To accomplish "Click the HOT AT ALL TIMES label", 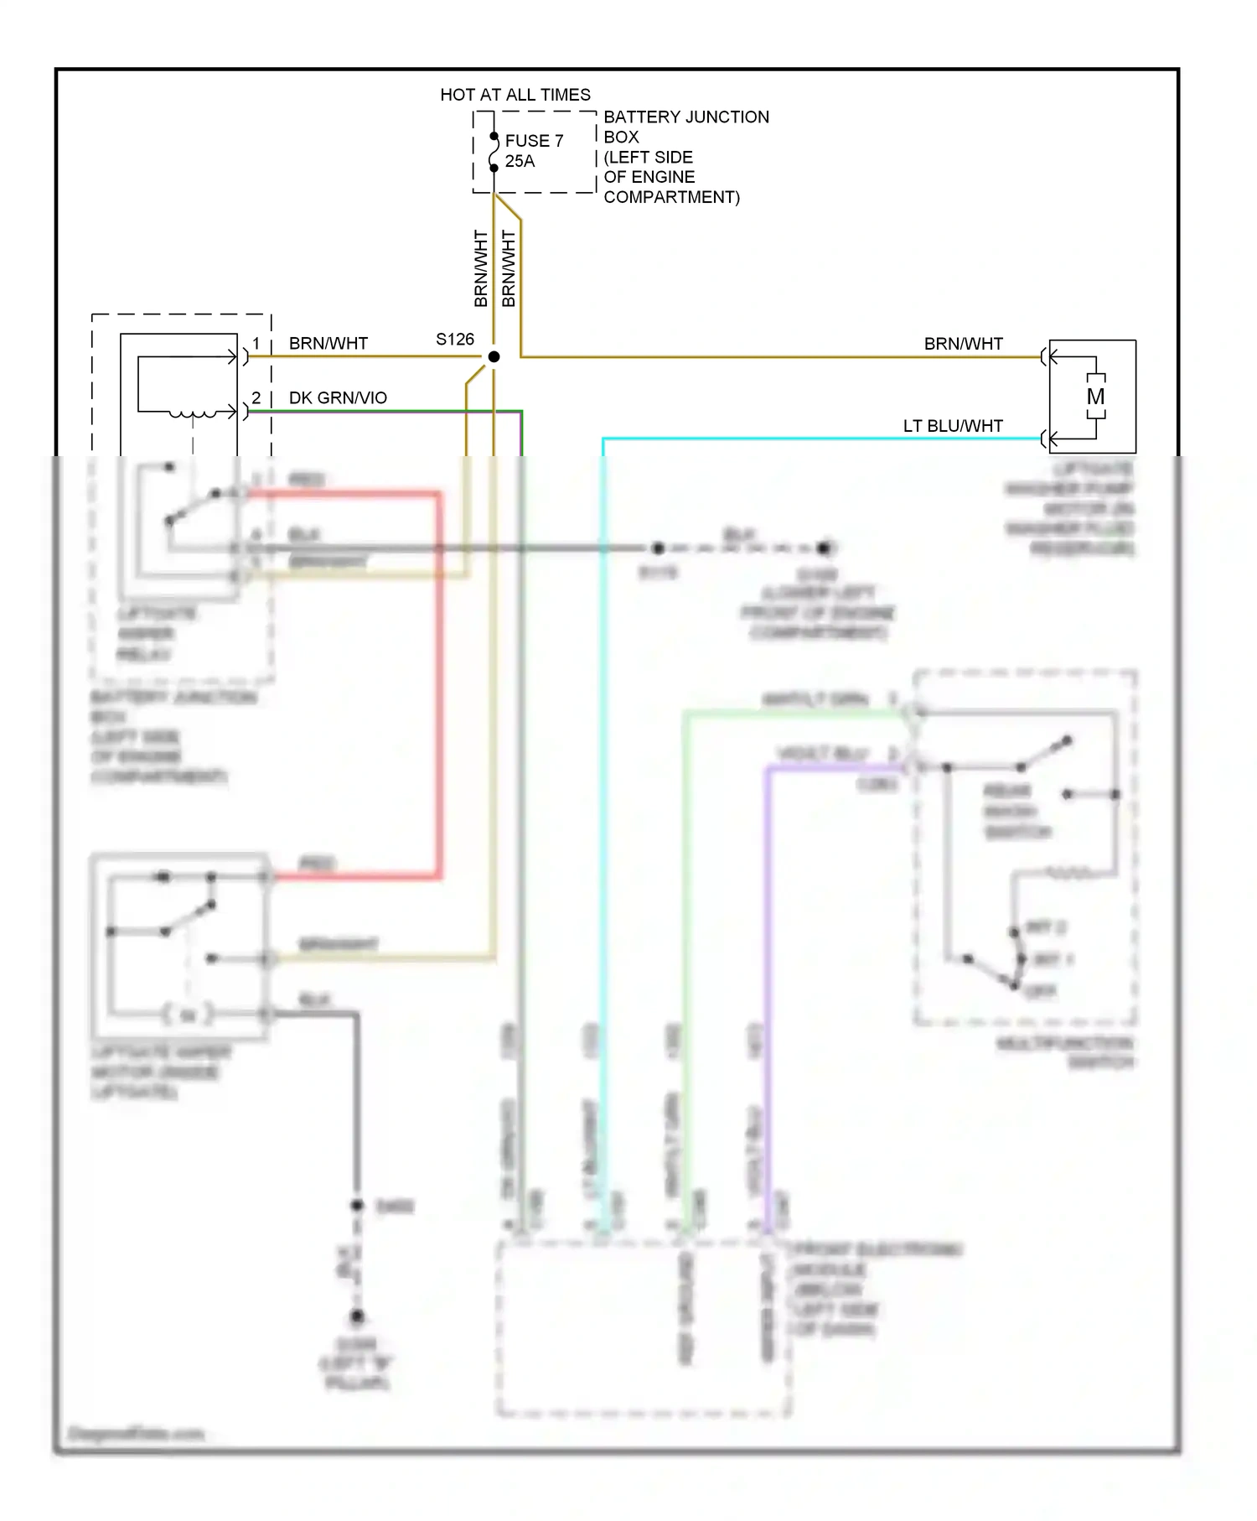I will tap(515, 95).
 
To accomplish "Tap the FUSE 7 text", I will tap(534, 141).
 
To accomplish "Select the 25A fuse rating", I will tap(520, 161).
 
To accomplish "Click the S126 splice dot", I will tap(494, 357).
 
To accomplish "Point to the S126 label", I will tap(454, 340).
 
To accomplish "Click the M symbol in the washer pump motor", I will tap(1095, 397).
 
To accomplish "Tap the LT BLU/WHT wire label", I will tap(953, 426).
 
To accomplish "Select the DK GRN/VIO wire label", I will tap(338, 397).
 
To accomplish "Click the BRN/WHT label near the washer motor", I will tap(963, 344).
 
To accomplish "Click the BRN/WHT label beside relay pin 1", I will tap(328, 344).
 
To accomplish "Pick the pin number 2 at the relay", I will tap(256, 397).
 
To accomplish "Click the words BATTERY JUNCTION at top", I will tap(685, 117).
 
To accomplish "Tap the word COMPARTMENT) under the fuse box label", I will tap(671, 197).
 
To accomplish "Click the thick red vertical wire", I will tap(438, 688).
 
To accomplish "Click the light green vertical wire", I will tap(685, 922).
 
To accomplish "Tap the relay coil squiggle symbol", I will tap(192, 413).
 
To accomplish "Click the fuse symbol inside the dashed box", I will tap(494, 152).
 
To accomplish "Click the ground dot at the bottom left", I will tap(357, 1316).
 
